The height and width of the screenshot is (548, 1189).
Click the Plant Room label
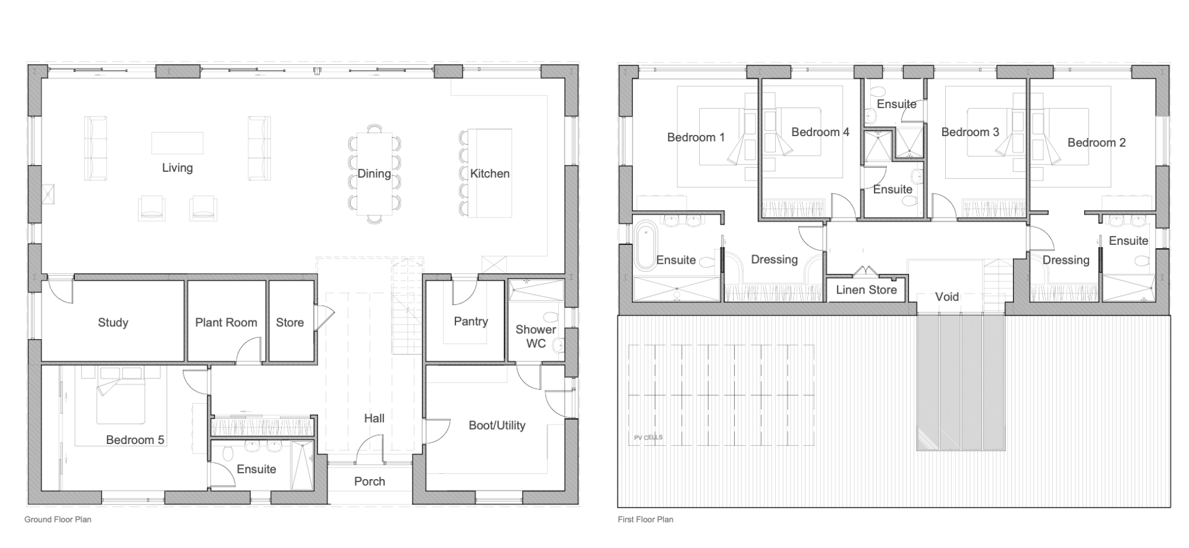tap(226, 323)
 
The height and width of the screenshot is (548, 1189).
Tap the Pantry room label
tap(471, 322)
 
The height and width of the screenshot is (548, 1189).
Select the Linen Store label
tap(866, 290)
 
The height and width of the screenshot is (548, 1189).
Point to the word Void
tap(946, 297)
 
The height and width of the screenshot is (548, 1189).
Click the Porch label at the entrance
tap(369, 481)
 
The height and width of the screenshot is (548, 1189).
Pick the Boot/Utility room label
tap(497, 426)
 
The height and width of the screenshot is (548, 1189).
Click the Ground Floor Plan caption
tap(58, 519)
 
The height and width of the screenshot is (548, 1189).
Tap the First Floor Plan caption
tap(645, 519)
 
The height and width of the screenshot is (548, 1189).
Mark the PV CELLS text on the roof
tap(648, 437)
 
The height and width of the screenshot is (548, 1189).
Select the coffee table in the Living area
tap(177, 143)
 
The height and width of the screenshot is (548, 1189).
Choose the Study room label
tap(113, 323)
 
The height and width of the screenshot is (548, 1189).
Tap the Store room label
tap(290, 323)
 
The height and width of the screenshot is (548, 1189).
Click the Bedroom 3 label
tap(970, 132)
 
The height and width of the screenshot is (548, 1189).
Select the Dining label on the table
tap(374, 174)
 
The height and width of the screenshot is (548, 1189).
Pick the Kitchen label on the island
tap(490, 174)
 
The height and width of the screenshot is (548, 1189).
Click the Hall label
tap(374, 418)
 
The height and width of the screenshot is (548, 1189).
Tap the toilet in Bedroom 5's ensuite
tap(228, 453)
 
